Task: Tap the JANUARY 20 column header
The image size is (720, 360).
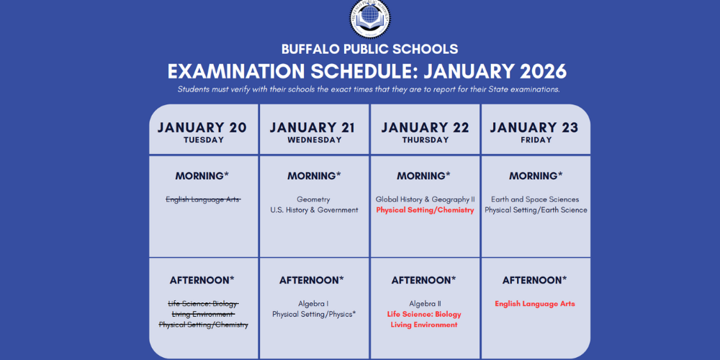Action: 202,128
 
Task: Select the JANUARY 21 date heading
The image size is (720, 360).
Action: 312,128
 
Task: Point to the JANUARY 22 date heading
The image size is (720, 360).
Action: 425,128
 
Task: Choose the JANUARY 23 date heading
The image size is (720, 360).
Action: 534,128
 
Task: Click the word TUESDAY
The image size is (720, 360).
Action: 204,140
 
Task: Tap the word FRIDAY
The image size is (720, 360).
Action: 535,140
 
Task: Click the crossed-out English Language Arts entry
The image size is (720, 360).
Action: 203,199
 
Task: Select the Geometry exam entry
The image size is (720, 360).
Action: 313,199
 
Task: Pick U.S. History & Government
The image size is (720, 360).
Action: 314,210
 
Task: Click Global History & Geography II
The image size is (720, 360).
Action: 425,199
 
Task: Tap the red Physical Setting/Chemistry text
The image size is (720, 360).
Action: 425,210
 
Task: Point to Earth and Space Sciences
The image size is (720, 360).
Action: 535,199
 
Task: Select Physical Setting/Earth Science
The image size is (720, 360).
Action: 536,210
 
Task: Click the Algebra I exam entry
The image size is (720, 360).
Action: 313,304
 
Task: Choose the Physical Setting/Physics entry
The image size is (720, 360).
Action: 314,315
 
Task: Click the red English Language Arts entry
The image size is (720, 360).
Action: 535,304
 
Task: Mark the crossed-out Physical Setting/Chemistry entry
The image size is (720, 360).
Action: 203,325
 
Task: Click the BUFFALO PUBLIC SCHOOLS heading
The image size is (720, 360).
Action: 371,50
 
